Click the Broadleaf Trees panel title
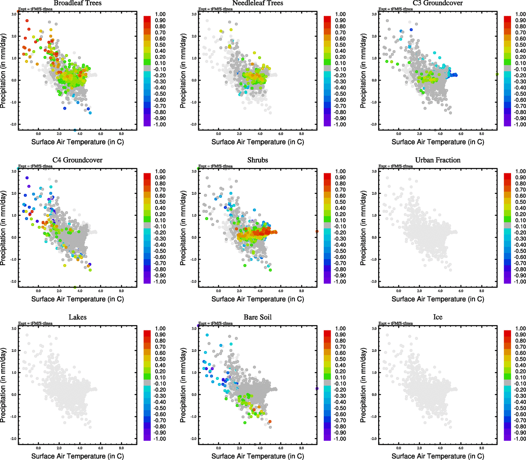coord(77,3)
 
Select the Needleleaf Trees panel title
coord(257,3)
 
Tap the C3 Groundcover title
coord(438,3)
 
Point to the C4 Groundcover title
coord(77,160)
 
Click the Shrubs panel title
coord(257,160)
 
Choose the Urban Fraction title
coord(438,160)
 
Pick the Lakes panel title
coord(77,317)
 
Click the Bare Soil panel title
coord(257,317)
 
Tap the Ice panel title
coord(438,317)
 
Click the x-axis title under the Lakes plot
coord(77,456)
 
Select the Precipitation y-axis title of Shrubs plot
coord(183,228)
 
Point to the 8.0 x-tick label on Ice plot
coord(482,448)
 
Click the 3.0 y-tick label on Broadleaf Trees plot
coord(13,14)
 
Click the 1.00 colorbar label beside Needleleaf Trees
coord(340,14)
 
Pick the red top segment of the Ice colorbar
coord(507,333)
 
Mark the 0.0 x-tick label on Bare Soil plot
coord(218,448)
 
